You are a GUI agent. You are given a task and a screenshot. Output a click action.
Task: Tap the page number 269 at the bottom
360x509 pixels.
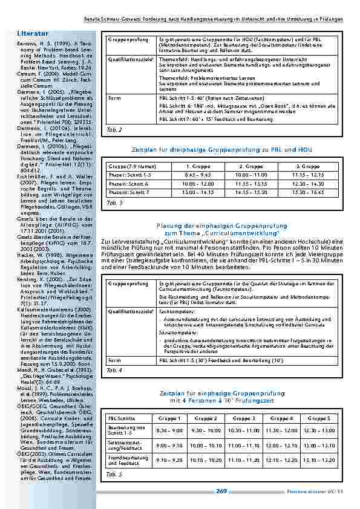coord(221,491)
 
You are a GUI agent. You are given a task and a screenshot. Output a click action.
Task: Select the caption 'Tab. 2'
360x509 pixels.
coord(114,129)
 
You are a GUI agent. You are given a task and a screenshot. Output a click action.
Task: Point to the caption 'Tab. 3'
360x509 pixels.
coord(114,203)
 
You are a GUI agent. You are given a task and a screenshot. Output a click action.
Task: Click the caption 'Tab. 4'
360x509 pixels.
coord(114,369)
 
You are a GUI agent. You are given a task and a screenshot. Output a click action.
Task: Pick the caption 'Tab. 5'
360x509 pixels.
coord(114,475)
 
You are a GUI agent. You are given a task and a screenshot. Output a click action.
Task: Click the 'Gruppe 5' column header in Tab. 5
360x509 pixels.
coord(319,418)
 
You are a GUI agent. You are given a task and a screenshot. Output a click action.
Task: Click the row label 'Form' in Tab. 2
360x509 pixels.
coord(114,97)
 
